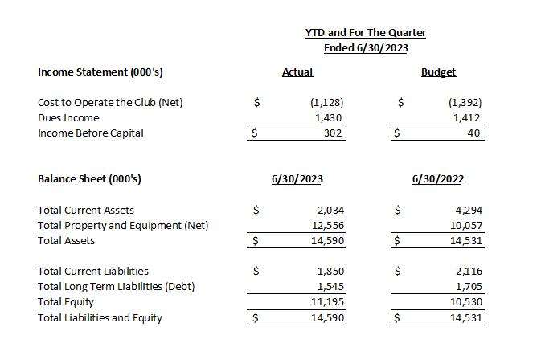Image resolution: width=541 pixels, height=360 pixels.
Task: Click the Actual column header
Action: coord(297,72)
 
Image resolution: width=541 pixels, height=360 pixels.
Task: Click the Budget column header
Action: coord(438,72)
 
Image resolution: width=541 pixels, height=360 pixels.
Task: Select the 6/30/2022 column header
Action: coord(437,179)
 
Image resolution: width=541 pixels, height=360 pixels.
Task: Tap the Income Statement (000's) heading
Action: coord(100,72)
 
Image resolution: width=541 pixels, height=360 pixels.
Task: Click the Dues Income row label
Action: coord(68,117)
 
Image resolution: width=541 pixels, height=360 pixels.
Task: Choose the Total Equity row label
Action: coord(66,302)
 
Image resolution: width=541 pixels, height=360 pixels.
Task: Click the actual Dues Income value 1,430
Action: coord(331,117)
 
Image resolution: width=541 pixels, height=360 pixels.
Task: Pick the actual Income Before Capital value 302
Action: coord(334,133)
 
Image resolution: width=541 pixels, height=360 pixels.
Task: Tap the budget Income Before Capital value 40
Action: coord(473,133)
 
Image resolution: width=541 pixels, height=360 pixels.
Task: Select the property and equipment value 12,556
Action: coord(328,225)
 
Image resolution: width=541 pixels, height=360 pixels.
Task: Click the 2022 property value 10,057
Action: coord(469,225)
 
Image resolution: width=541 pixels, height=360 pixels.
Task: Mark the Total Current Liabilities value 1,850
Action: coord(331,272)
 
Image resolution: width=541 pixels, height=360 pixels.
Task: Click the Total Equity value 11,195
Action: coord(328,302)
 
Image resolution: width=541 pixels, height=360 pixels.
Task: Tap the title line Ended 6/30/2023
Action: coord(366,48)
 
